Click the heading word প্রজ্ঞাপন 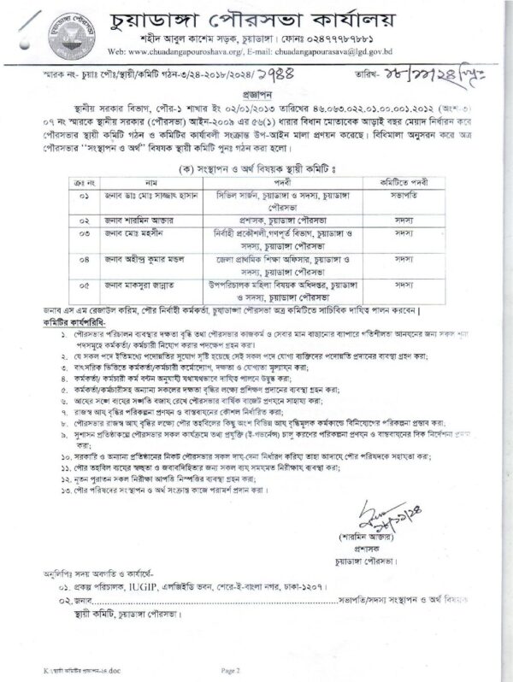pyautogui.click(x=256, y=97)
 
